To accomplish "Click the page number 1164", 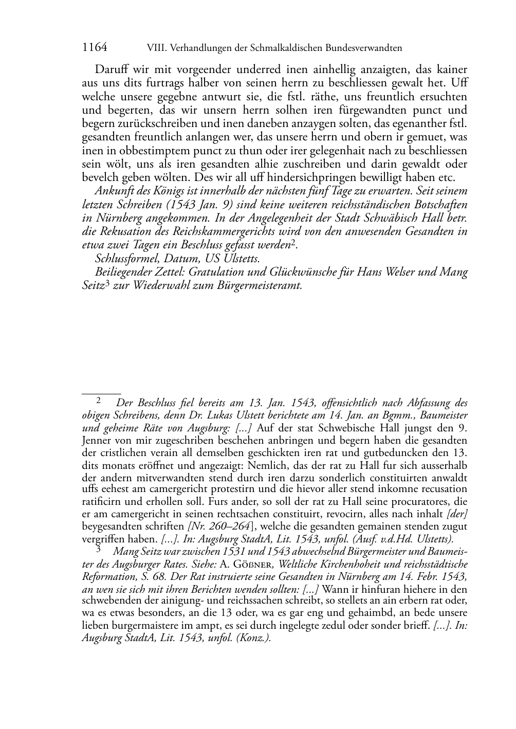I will tap(95, 48).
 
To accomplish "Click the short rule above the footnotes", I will tap(101, 393).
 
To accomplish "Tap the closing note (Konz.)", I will tap(253, 638).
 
